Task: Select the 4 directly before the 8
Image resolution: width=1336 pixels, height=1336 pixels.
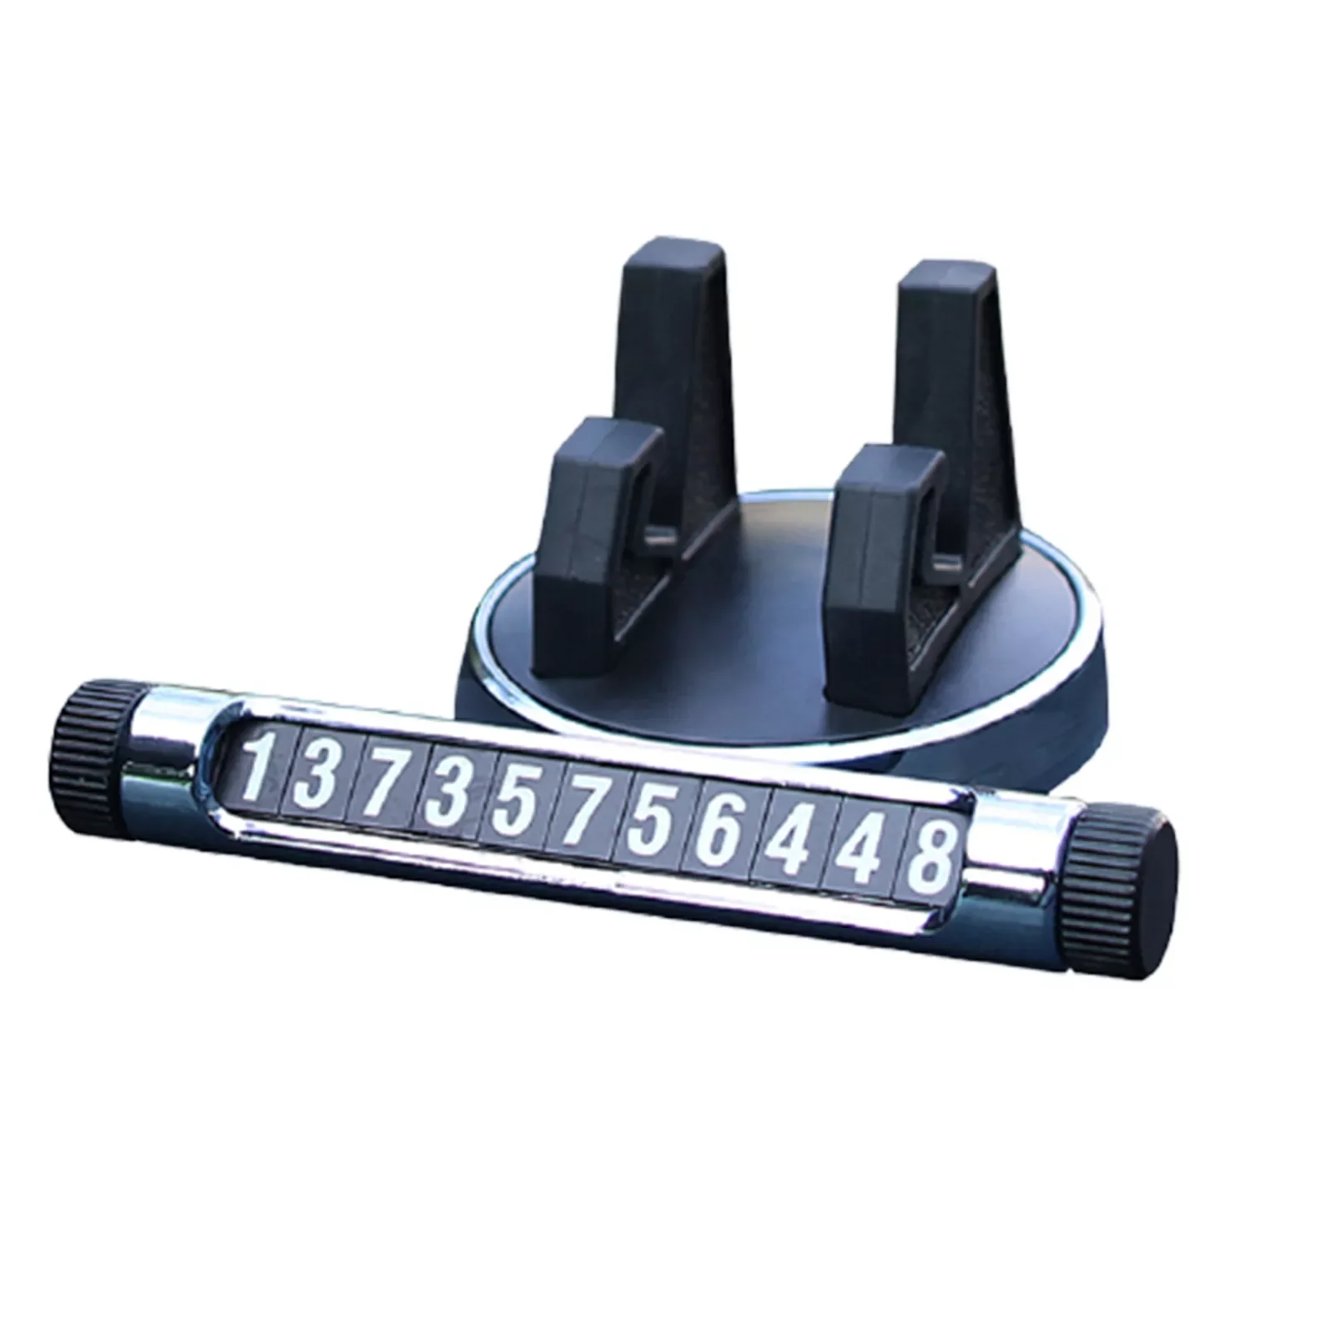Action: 858,845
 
